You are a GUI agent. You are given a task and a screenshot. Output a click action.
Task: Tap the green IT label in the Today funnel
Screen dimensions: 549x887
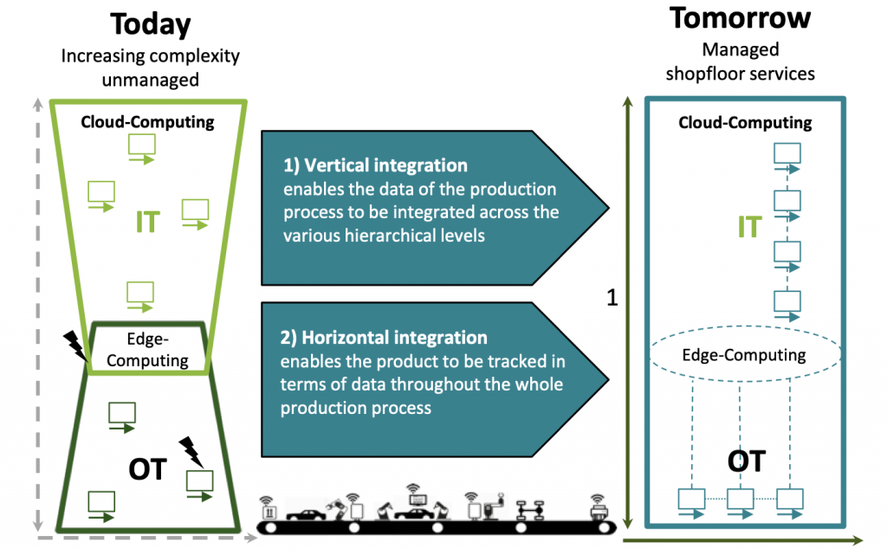pos(147,223)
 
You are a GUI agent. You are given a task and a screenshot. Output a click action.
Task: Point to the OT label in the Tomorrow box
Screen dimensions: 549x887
pos(746,461)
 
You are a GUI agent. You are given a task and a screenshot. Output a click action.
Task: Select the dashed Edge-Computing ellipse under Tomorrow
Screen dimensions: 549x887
pos(744,355)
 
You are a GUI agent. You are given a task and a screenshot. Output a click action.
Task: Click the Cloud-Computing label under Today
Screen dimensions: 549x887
pos(147,122)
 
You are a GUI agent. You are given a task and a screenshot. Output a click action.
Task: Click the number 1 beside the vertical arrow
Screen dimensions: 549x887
pos(612,299)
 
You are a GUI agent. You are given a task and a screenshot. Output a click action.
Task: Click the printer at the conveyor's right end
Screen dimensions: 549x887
pos(598,510)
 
